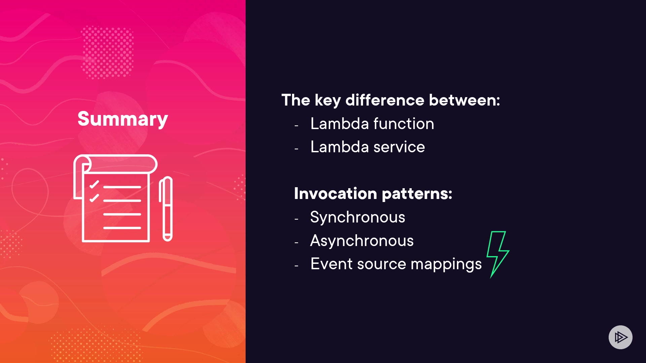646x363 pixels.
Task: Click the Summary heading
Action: pos(122,119)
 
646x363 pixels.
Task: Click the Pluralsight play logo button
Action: pos(620,337)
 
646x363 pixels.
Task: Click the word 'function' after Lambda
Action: pos(404,123)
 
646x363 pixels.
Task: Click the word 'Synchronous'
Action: pos(358,217)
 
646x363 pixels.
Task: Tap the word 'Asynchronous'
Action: pos(362,241)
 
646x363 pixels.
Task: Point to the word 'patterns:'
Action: pos(417,194)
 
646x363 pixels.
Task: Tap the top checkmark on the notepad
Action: pos(94,184)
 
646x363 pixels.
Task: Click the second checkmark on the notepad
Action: pos(94,198)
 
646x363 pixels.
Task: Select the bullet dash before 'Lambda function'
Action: pos(296,126)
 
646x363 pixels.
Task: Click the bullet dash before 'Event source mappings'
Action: pos(296,266)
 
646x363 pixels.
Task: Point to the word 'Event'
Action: pos(331,264)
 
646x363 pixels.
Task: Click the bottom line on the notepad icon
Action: pos(122,228)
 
